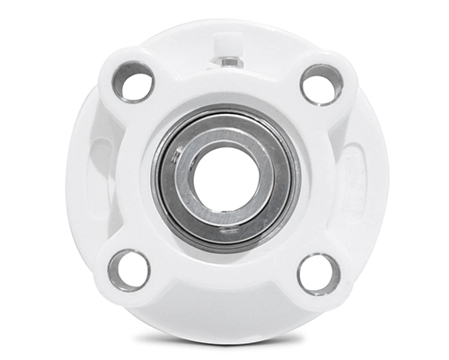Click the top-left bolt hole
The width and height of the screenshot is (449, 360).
(134, 83)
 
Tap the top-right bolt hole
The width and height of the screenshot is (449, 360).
(321, 84)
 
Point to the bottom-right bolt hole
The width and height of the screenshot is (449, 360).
(319, 273)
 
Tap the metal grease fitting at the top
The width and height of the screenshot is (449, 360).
(229, 61)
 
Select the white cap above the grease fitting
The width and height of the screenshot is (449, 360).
(230, 43)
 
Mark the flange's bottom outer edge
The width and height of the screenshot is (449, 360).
(224, 329)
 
